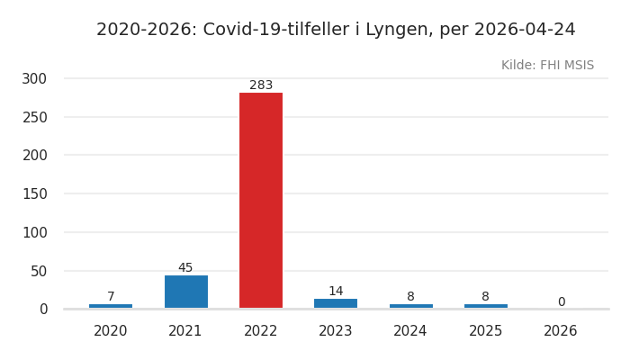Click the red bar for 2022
pyautogui.click(x=261, y=200)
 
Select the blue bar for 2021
pyautogui.click(x=185, y=292)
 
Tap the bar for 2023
pyautogui.click(x=336, y=303)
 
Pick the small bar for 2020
pyautogui.click(x=111, y=306)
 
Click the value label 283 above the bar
pyautogui.click(x=261, y=85)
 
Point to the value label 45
pyautogui.click(x=185, y=268)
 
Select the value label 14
pyautogui.click(x=336, y=292)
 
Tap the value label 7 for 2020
pyautogui.click(x=111, y=297)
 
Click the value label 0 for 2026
pyautogui.click(x=561, y=302)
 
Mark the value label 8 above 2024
pyautogui.click(x=410, y=297)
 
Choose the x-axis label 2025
pyautogui.click(x=485, y=331)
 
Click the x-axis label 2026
pyautogui.click(x=561, y=331)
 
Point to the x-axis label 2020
pyautogui.click(x=111, y=331)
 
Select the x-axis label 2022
pyautogui.click(x=261, y=331)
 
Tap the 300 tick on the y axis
pyautogui.click(x=34, y=79)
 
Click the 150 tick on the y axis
pyautogui.click(x=34, y=194)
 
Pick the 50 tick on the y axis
pyautogui.click(x=38, y=271)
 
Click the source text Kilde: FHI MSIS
pyautogui.click(x=547, y=66)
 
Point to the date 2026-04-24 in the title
pyautogui.click(x=525, y=30)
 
